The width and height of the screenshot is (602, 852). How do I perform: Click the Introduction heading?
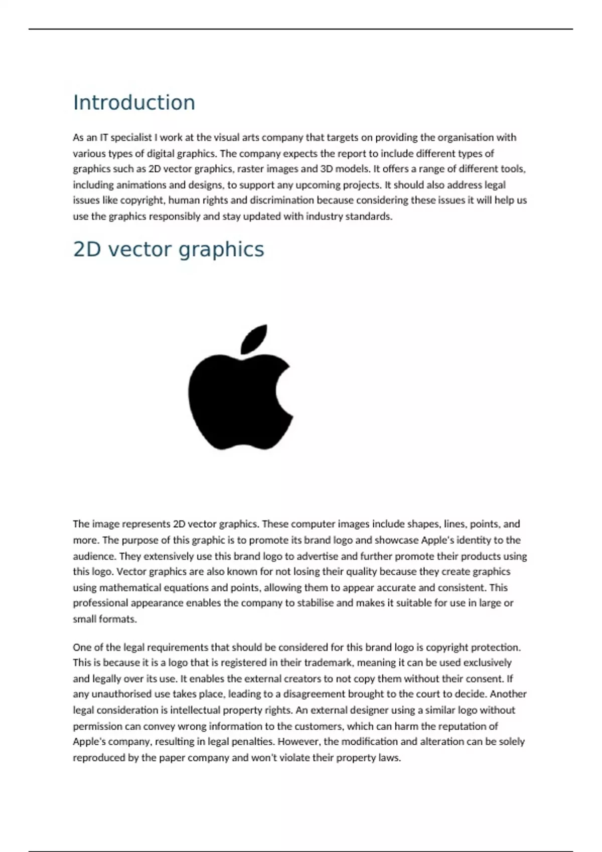(x=134, y=103)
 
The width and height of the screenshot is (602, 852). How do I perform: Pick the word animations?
(x=141, y=185)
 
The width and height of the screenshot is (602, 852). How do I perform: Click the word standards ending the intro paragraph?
(x=369, y=217)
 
